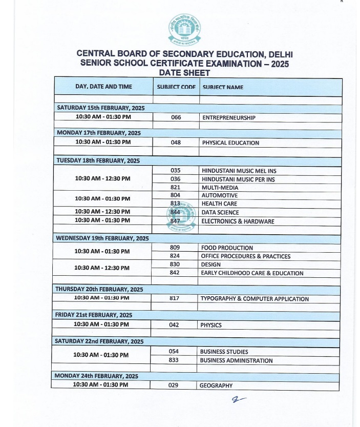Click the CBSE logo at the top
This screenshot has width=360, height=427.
coord(182,31)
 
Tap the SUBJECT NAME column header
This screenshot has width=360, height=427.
coord(223,87)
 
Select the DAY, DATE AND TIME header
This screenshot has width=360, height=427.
coord(103,87)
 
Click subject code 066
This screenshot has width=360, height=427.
coord(176,117)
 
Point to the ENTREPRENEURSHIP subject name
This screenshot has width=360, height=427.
coord(228,117)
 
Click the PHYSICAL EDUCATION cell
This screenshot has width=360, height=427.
coord(230,143)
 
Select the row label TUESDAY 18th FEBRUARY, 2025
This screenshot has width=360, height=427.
coord(98,160)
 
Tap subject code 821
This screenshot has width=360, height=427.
coord(175,188)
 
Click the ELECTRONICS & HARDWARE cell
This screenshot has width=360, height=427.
coord(238,221)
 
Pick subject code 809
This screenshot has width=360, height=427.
coord(175,248)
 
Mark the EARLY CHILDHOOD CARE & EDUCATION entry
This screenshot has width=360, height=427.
coord(252,273)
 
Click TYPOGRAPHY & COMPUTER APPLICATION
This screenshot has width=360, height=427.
coord(255,298)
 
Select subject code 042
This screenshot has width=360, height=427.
coord(174,325)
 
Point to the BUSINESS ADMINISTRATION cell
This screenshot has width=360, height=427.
coord(236,360)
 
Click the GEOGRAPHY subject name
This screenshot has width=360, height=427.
coord(216,385)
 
